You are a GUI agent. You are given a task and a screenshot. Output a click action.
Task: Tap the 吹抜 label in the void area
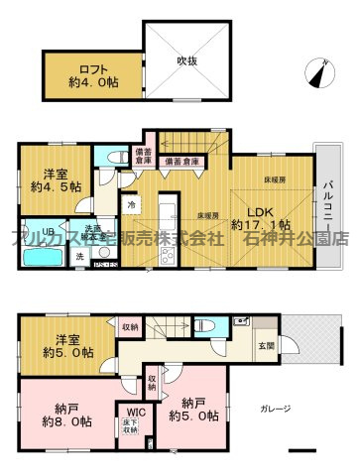pyautogui.click(x=188, y=61)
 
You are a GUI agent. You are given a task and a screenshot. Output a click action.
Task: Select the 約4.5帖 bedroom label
pyautogui.click(x=49, y=177)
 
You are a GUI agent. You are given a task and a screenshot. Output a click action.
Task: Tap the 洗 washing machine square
pyautogui.click(x=80, y=256)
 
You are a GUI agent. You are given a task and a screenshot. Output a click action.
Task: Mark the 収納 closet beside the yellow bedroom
pyautogui.click(x=130, y=325)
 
